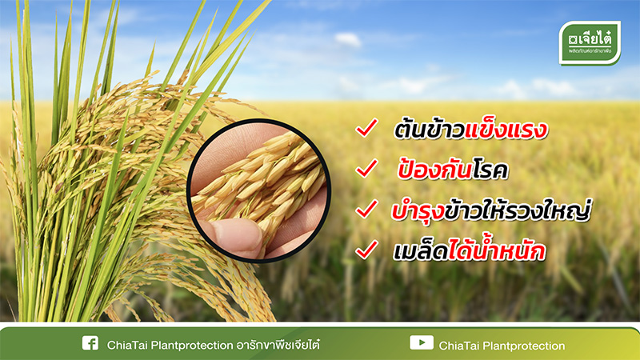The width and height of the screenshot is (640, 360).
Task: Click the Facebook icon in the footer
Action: tap(90, 343)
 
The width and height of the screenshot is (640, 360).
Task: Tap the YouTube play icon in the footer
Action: tap(422, 342)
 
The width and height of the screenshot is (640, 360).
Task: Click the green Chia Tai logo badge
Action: tap(590, 43)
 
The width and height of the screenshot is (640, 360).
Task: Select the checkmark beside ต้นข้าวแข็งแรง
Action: tap(366, 128)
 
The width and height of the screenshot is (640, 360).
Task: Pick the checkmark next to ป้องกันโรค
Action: tap(366, 168)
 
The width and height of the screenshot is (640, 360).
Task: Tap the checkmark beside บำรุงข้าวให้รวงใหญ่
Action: tap(366, 209)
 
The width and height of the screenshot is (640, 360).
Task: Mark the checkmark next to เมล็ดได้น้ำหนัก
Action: tap(366, 250)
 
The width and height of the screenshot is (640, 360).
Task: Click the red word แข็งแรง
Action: tap(506, 129)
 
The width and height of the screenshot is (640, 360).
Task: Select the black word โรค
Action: tap(490, 170)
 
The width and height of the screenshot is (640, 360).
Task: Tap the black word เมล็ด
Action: tap(421, 250)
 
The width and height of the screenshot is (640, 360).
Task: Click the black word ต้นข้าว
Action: tap(430, 130)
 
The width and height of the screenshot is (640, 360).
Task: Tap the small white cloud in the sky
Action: tap(348, 39)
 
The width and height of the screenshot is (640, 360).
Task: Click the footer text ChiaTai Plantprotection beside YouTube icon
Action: tap(502, 346)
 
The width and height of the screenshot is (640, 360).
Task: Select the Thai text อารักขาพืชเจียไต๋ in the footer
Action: tap(278, 345)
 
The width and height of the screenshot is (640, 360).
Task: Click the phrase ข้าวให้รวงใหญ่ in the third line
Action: tap(518, 210)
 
